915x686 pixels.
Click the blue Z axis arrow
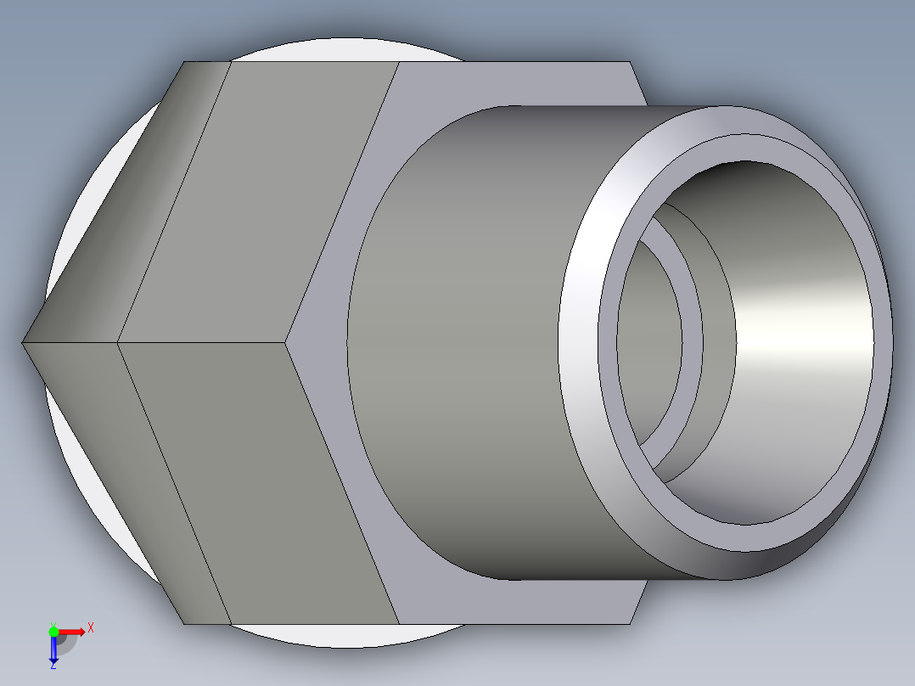point(53,650)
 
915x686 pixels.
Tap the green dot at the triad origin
point(53,631)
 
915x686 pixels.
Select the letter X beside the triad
point(91,627)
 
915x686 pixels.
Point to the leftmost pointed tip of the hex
point(23,342)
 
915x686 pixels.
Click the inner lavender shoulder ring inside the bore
point(692,340)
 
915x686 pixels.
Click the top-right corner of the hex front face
point(630,63)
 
